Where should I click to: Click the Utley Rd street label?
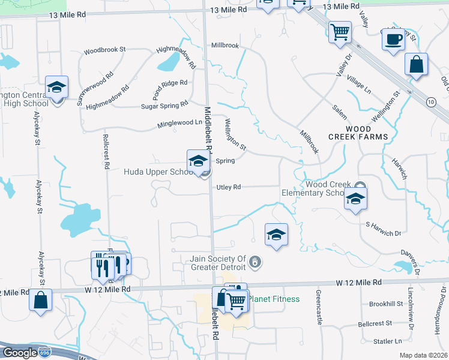click(229, 187)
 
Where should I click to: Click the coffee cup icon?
click(393, 40)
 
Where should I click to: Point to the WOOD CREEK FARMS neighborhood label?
click(358, 133)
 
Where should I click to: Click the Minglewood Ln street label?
click(171, 122)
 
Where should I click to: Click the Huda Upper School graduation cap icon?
click(197, 161)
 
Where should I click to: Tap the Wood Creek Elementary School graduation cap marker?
click(355, 200)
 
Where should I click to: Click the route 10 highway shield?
click(431, 102)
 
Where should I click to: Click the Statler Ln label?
click(387, 341)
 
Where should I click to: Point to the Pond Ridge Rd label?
click(169, 90)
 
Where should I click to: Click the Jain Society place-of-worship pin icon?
click(256, 262)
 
